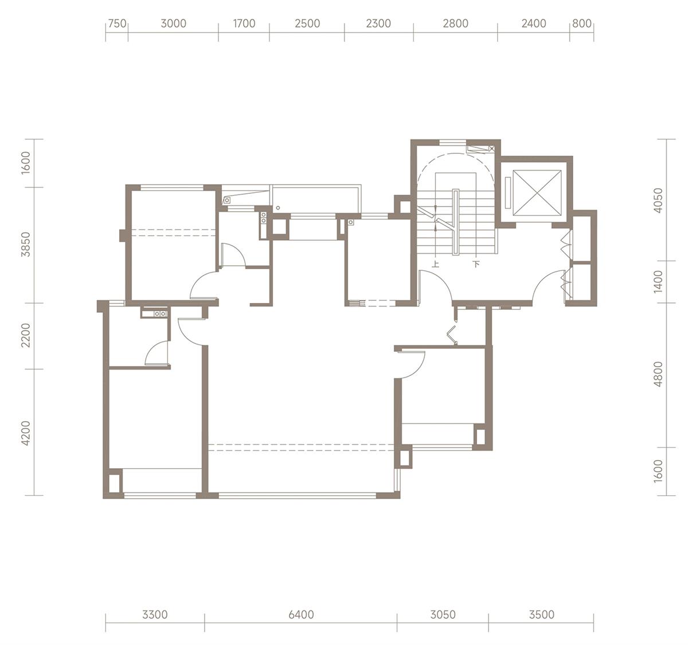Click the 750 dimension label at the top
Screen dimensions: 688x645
117,24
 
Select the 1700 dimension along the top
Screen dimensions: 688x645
244,24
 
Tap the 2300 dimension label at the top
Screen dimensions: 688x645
378,24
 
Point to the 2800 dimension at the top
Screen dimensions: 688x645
456,24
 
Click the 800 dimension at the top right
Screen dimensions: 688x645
582,24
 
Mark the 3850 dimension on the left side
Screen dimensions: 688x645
26,244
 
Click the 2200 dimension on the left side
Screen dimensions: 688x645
26,335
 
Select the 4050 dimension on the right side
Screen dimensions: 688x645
659,200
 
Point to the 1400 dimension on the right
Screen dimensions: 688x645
659,282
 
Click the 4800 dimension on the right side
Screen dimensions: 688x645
659,374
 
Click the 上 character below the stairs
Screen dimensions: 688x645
436,264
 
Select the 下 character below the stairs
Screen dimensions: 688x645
476,264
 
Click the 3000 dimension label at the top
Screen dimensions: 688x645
174,24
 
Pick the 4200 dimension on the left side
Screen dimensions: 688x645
26,433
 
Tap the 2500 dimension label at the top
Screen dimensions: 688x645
307,24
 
